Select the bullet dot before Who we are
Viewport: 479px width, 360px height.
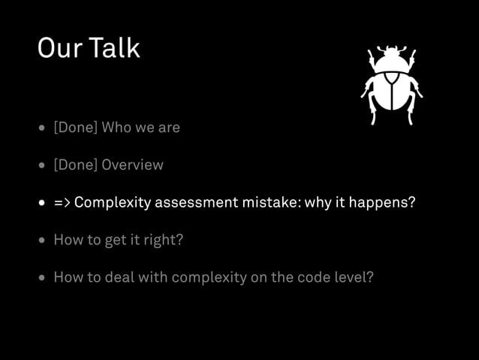pos(42,129)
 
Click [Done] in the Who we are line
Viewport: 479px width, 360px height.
pos(75,128)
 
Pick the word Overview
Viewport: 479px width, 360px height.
pos(132,165)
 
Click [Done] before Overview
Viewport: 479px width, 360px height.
pos(75,165)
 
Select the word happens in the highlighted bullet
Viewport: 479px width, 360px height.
pos(384,203)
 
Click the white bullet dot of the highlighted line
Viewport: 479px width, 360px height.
pos(42,204)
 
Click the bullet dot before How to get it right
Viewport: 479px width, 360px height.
pos(42,241)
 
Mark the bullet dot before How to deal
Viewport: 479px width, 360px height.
pos(42,278)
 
